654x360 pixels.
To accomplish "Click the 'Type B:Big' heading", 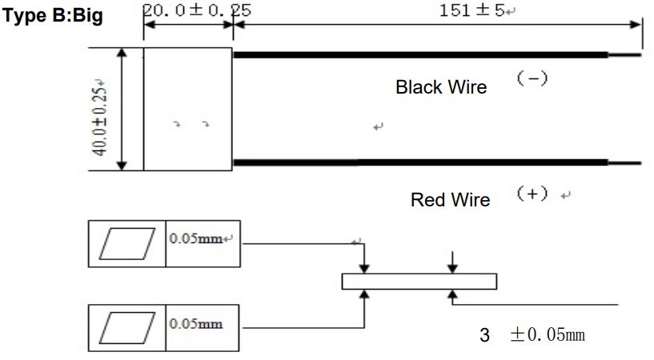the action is (53, 16).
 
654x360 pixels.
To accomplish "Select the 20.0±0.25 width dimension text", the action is (197, 10).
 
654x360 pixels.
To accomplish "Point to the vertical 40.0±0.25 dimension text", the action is (100, 118).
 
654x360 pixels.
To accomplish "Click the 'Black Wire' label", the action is (441, 87).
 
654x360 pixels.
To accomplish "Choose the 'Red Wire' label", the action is (450, 199).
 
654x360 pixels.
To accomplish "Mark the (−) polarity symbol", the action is (532, 78).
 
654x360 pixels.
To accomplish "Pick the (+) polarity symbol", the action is (532, 194).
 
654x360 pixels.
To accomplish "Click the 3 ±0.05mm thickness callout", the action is (532, 334).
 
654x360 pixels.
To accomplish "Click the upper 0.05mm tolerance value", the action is (195, 238).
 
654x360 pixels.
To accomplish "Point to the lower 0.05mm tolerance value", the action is (195, 324).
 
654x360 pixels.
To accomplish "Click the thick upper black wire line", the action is (420, 54).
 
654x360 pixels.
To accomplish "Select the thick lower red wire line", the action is (420, 162).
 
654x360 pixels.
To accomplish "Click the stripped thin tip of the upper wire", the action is (624, 54).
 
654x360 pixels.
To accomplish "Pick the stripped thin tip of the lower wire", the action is (624, 163).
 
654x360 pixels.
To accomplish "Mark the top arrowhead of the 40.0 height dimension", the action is (122, 53).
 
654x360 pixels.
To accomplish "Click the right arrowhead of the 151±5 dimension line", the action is (636, 25).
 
